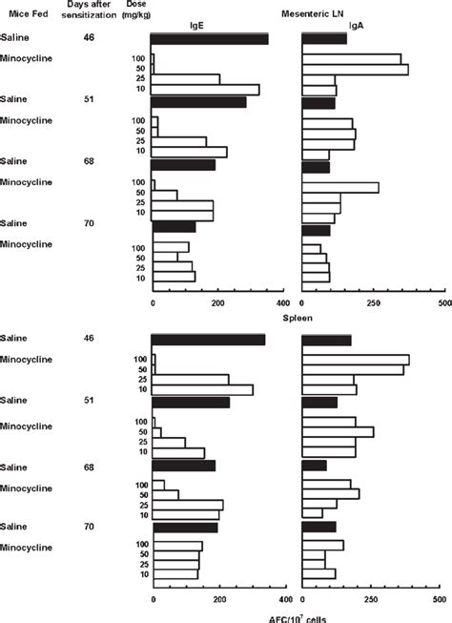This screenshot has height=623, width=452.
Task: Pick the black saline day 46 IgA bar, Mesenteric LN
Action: tap(324, 39)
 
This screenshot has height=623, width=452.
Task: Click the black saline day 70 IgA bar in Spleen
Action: tap(318, 527)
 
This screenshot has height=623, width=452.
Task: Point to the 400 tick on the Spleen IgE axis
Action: tap(286, 602)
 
